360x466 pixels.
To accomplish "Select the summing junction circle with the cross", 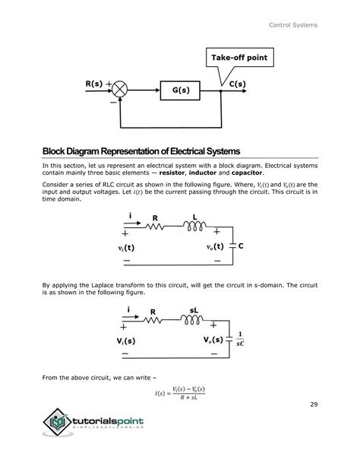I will (x=123, y=90).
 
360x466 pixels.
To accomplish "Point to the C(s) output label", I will (x=237, y=84).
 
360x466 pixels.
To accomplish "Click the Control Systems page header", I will (x=293, y=27).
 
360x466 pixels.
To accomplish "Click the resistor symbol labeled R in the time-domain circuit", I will (x=156, y=226).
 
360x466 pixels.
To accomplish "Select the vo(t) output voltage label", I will (x=214, y=247).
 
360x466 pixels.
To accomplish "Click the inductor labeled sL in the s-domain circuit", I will (x=194, y=320).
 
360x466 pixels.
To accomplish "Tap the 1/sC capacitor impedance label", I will (x=241, y=341).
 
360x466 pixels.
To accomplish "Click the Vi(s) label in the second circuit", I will (x=130, y=341).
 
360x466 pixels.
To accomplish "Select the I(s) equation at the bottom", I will (x=179, y=392).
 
